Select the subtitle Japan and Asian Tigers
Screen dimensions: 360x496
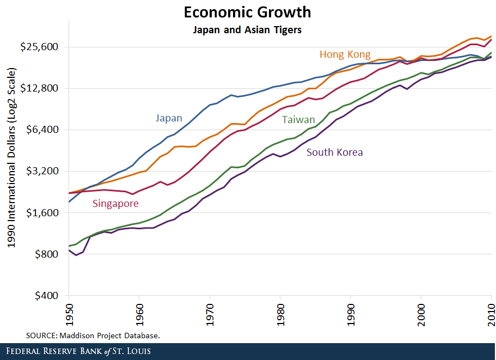tap(247, 30)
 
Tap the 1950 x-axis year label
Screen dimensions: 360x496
tap(69, 315)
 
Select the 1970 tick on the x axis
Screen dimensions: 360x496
tap(210, 315)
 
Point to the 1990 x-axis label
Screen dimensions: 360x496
tap(351, 315)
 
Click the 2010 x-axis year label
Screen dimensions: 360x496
tap(492, 315)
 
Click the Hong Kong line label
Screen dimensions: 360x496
tap(345, 54)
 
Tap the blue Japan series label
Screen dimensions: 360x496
tap(169, 118)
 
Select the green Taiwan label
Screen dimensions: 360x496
tap(298, 120)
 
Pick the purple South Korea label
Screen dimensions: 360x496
tap(334, 152)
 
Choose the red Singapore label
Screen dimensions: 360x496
tap(115, 204)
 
